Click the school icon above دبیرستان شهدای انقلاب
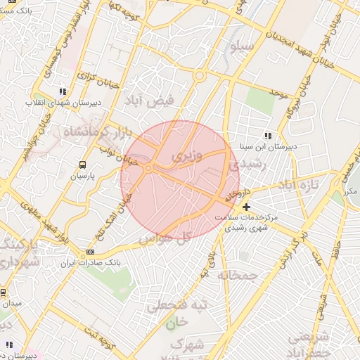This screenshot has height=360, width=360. coord(63,91)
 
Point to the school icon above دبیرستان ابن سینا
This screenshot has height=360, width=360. coord(267,136)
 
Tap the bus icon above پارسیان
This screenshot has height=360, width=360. coord(83,165)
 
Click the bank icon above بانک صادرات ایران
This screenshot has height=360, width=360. coord(90,252)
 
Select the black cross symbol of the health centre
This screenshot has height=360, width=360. coord(246,207)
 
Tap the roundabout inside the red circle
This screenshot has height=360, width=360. coord(148,169)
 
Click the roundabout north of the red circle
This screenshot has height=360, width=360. coord(199,75)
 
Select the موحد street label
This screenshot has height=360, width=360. coord(279,94)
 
